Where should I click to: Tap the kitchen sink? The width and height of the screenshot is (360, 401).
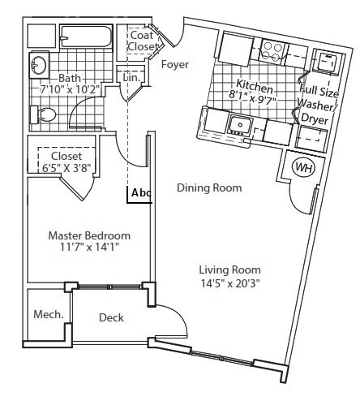pos(240,124)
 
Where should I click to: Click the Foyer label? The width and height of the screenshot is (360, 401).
pos(175,63)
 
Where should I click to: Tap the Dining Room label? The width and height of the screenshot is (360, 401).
pos(209,188)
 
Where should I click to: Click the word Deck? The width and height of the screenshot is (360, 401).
pos(110,317)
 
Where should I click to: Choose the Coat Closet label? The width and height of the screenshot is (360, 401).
pos(143,41)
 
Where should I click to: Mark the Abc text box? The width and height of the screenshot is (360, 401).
pos(141,193)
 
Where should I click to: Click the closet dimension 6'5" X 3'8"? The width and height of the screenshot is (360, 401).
pos(62,167)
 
